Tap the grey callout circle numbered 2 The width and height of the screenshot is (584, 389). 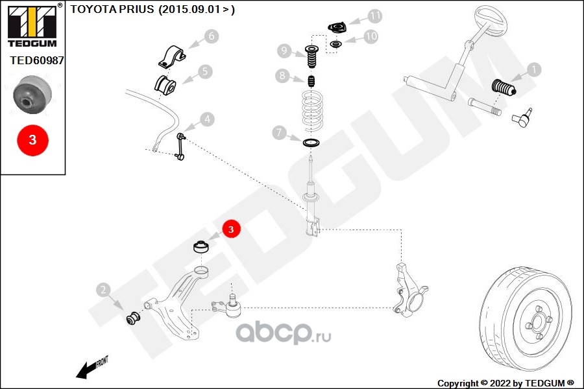pyautogui.click(x=103, y=290)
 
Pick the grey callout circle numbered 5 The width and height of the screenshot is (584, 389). pyautogui.click(x=205, y=71)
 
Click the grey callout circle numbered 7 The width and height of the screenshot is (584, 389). pyautogui.click(x=278, y=134)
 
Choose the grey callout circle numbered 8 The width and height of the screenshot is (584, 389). pyautogui.click(x=281, y=77)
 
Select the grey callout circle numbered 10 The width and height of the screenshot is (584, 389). pyautogui.click(x=371, y=36)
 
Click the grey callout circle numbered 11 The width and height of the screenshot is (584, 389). pyautogui.click(x=376, y=15)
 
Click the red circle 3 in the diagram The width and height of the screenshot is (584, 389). pyautogui.click(x=232, y=228)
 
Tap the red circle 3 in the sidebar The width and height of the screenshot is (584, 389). pyautogui.click(x=32, y=139)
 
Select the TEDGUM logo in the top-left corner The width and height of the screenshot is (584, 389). pyautogui.click(x=32, y=26)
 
